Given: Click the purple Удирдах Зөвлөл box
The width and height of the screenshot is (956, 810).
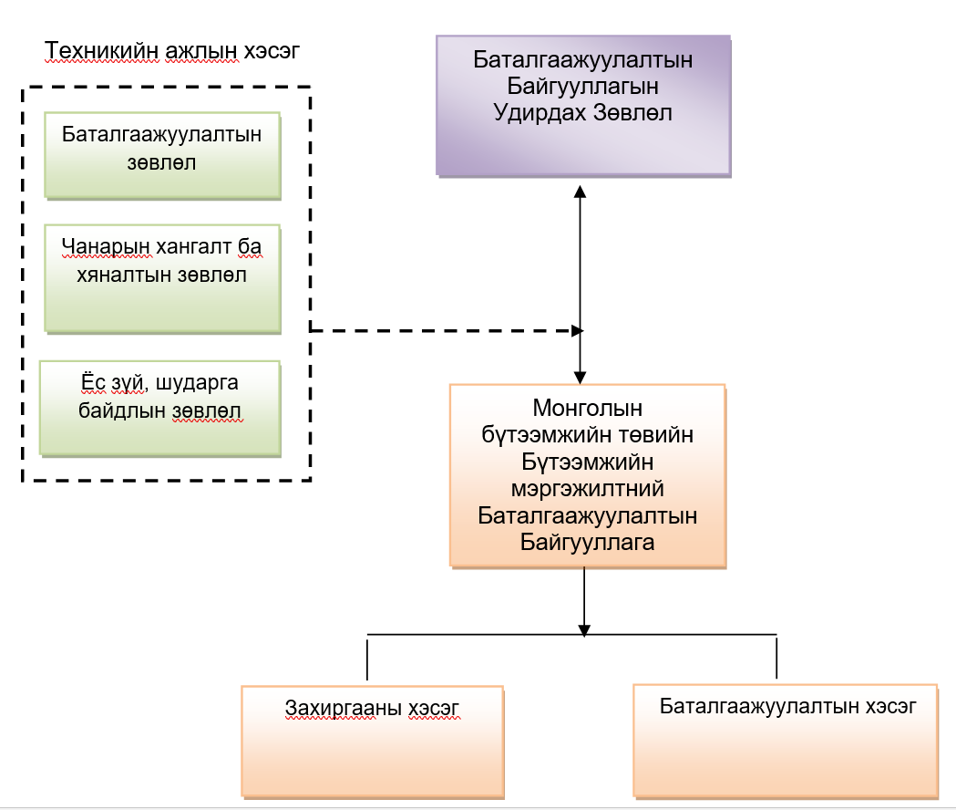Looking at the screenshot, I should coord(583,105).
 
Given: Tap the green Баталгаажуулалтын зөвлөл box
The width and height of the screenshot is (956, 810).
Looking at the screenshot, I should coord(162,156).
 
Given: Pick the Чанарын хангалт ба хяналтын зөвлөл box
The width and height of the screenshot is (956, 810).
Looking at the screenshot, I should coord(162,277).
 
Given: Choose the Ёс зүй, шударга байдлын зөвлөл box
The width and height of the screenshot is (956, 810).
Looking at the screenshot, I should coord(160,408).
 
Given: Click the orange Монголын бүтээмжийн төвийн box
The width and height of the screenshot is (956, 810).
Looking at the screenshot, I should coord(588,475).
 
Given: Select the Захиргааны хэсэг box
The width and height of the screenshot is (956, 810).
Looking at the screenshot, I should coord(372,740).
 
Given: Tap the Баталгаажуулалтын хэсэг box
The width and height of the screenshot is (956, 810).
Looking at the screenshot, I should coord(786,740).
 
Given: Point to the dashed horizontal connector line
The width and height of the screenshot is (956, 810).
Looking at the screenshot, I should coord(437,330).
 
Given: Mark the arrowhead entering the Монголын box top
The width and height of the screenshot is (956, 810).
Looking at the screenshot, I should coord(579,376).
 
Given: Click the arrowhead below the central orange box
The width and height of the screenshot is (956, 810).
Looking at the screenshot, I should coord(584,629).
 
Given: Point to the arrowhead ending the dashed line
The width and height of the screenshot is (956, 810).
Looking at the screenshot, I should coord(577,330).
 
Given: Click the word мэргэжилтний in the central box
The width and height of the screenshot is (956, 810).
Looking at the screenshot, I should coord(588,489).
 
